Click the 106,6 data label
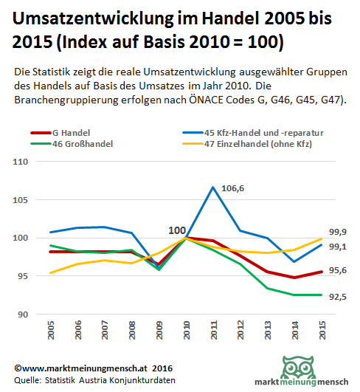pyautogui.click(x=232, y=188)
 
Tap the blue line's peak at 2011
pyautogui.click(x=213, y=187)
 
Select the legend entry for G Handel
pyautogui.click(x=60, y=133)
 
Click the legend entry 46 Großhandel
pyautogui.click(x=72, y=144)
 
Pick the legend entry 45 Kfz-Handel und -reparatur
pyautogui.click(x=253, y=133)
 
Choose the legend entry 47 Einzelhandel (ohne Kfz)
pyautogui.click(x=247, y=144)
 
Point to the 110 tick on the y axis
pyautogui.click(x=20, y=162)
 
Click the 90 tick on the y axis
pyautogui.click(x=22, y=314)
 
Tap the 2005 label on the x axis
pyautogui.click(x=51, y=330)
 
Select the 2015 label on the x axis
pyautogui.click(x=322, y=330)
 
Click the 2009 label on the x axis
pyautogui.click(x=159, y=330)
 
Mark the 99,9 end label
pyautogui.click(x=338, y=232)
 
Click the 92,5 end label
pyautogui.click(x=338, y=297)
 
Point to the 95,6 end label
pyautogui.click(x=338, y=270)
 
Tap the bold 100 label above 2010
pyautogui.click(x=177, y=230)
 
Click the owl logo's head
pyautogui.click(x=298, y=367)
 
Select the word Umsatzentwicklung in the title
pyautogui.click(x=93, y=19)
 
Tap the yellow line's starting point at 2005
pyautogui.click(x=51, y=272)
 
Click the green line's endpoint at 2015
pyautogui.click(x=322, y=295)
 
